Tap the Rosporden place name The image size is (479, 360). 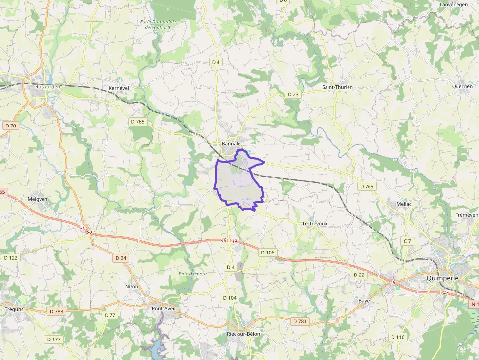(47, 87)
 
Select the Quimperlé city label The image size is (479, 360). (445, 278)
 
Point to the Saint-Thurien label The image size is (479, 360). (337, 87)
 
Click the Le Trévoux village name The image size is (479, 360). (314, 223)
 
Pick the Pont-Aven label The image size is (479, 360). (164, 309)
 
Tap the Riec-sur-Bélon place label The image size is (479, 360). (243, 334)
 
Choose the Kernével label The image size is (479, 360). (118, 87)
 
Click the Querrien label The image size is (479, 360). (462, 86)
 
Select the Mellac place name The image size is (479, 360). (404, 204)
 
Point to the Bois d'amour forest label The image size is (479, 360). (193, 274)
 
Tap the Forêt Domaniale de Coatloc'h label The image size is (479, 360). (157, 25)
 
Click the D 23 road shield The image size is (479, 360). (293, 94)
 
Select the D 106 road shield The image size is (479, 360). (267, 252)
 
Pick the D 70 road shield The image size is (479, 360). (10, 126)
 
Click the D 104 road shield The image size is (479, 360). (230, 298)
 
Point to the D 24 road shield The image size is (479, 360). (121, 258)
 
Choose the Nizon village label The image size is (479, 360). (132, 287)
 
